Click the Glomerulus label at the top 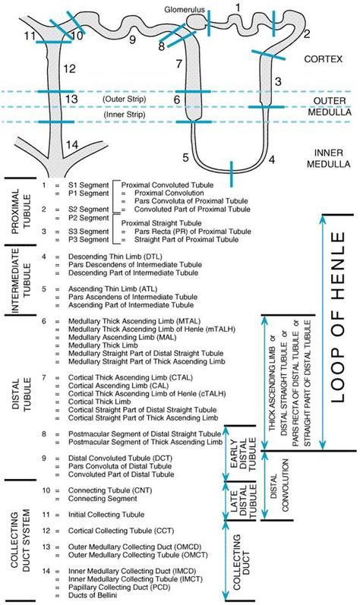point(185,9)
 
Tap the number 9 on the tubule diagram point(132,39)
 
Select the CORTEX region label point(323,59)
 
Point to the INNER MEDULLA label point(328,158)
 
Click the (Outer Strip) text point(125,99)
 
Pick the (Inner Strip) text point(124,115)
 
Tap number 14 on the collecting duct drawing point(72,145)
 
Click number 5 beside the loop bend point(185,158)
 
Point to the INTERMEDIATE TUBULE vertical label point(21,280)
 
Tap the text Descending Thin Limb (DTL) point(115,257)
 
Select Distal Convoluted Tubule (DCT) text point(121,458)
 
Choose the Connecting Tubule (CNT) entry point(110,490)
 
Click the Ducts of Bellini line point(93,595)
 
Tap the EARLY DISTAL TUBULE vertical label point(243,454)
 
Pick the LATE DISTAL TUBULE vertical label point(243,501)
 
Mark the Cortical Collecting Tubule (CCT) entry point(122,531)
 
